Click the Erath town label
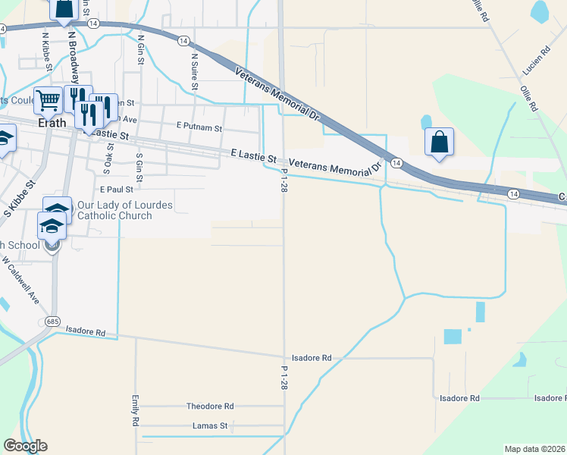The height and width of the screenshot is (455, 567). tap(52, 122)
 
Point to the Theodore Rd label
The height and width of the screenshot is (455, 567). tap(210, 406)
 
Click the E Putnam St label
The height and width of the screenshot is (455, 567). tap(199, 128)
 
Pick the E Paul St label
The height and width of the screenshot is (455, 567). tap(116, 190)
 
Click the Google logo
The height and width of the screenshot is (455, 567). tap(25, 446)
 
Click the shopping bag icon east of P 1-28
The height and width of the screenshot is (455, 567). tap(439, 141)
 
